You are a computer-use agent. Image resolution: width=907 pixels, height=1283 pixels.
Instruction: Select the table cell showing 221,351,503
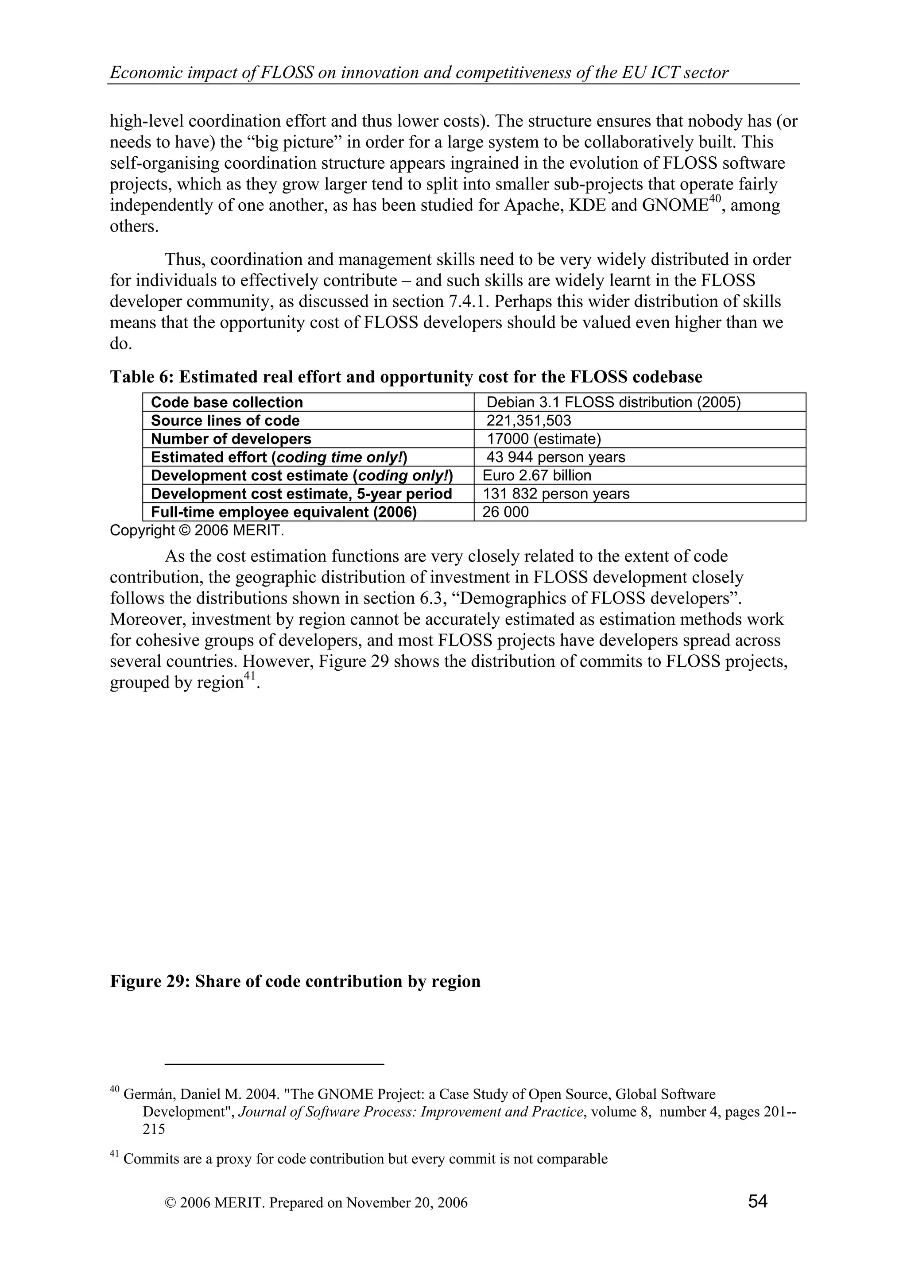pos(529,421)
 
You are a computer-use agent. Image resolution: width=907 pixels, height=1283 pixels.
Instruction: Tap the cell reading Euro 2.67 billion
pos(536,475)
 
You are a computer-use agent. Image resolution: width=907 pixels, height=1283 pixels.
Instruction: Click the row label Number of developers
pos(231,439)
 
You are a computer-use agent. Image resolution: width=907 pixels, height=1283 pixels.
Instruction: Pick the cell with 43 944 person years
pos(555,457)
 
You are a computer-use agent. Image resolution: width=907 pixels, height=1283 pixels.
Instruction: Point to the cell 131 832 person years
pos(555,494)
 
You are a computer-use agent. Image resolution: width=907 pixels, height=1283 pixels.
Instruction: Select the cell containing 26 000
pos(505,512)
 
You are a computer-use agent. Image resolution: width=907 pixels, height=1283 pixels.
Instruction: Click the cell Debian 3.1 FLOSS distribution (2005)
pos(613,402)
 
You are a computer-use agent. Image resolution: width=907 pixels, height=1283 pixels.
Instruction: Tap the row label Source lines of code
pos(225,421)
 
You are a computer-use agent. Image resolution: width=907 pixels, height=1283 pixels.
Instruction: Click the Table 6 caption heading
pos(406,377)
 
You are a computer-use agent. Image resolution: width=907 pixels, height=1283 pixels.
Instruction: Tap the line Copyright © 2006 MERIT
pos(197,530)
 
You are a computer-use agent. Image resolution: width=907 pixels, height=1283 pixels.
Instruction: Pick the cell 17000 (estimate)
pos(543,439)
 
